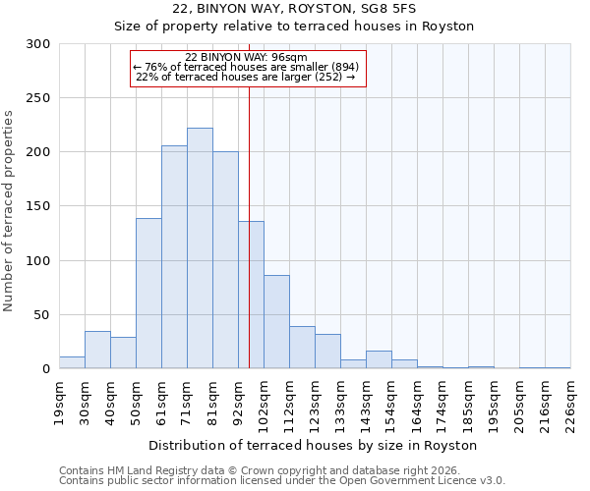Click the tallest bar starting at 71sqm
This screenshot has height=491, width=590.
(x=200, y=248)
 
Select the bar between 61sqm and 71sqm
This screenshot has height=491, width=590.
(x=174, y=257)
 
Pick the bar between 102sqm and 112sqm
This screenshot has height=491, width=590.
(x=276, y=322)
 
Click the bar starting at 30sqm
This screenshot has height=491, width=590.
(x=97, y=350)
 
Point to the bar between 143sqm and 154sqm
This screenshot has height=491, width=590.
(x=379, y=359)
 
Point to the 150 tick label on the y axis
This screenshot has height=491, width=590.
(x=38, y=207)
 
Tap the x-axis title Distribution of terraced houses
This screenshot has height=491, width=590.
(x=315, y=445)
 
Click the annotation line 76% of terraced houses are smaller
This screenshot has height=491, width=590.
(x=247, y=67)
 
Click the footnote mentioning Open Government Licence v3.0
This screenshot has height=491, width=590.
(x=282, y=481)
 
